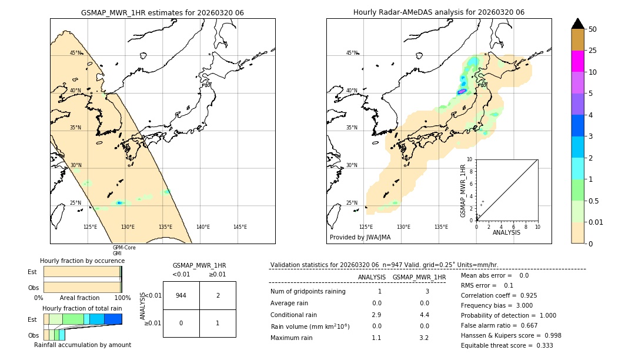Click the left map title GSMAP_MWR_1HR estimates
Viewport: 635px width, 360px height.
(162, 12)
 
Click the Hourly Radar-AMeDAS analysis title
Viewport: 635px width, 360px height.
(439, 12)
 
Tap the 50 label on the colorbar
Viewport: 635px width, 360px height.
(593, 29)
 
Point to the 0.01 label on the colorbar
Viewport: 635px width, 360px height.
(596, 222)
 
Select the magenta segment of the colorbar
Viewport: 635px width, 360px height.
(577, 61)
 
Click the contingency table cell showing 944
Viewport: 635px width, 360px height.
(181, 295)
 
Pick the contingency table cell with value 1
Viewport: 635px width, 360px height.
(218, 323)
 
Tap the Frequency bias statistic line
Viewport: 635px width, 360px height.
(497, 305)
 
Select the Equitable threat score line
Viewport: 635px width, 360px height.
(507, 345)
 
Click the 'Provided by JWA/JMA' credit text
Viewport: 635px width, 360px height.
(360, 237)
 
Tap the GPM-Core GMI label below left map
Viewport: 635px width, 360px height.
(124, 250)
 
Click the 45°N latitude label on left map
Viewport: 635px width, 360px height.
(76, 53)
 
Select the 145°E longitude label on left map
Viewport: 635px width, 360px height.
(240, 227)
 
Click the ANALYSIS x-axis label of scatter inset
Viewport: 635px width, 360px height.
(506, 232)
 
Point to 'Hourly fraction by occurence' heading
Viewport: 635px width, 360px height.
(82, 261)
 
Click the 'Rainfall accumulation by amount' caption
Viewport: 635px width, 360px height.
(82, 345)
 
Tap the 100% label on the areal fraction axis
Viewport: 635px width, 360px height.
(122, 298)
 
